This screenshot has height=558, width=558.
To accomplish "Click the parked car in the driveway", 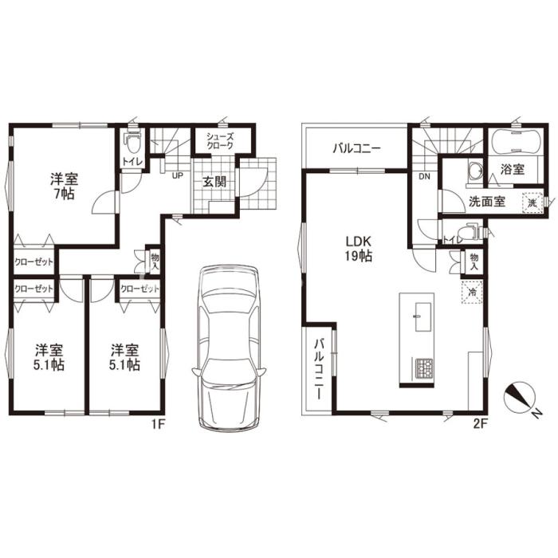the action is (229, 348).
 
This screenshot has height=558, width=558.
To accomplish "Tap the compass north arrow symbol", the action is (520, 398).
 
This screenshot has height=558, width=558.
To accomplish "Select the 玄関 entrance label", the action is (214, 182).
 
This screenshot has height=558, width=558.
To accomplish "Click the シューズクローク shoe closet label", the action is (220, 141).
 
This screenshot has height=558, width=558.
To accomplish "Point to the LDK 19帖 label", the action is (359, 249).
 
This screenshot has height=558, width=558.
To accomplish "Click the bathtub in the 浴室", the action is (515, 141).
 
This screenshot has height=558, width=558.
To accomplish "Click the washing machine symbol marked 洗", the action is (532, 202).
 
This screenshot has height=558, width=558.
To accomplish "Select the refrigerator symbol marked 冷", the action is (472, 293).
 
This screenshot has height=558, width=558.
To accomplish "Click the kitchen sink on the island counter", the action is (423, 317).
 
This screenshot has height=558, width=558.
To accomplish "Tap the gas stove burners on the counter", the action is (423, 368).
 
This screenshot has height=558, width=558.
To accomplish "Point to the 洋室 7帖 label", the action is (64, 186).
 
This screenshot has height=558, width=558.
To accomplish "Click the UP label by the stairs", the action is (178, 175).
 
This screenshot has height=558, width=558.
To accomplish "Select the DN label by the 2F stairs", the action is (424, 176).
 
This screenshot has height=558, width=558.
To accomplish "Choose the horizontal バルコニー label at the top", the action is (357, 148).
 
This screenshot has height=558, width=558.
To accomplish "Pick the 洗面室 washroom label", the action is (487, 202).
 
